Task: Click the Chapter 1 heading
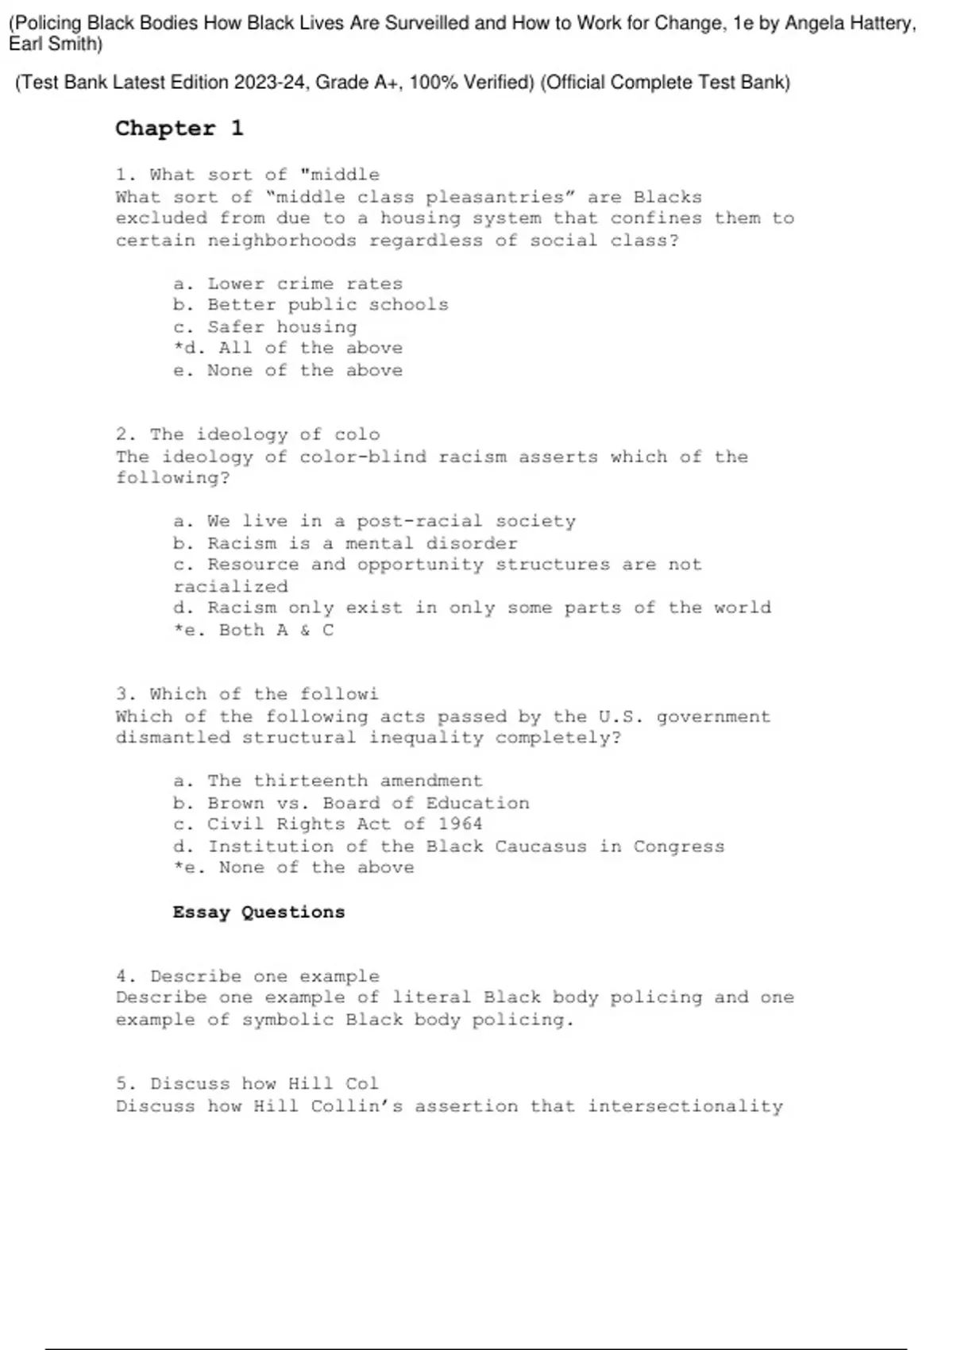pyautogui.click(x=179, y=129)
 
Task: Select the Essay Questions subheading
pyautogui.click(x=259, y=912)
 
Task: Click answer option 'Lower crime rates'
pyautogui.click(x=305, y=283)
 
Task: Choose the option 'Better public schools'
pyautogui.click(x=328, y=305)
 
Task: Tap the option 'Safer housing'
pyautogui.click(x=282, y=326)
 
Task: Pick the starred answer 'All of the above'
pyautogui.click(x=310, y=348)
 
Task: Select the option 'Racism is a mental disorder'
pyautogui.click(x=362, y=543)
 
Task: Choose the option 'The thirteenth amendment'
pyautogui.click(x=345, y=781)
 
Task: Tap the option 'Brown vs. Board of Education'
pyautogui.click(x=368, y=803)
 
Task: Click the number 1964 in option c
pyautogui.click(x=460, y=824)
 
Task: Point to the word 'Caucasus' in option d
pyautogui.click(x=541, y=847)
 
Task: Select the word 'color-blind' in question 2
pyautogui.click(x=363, y=457)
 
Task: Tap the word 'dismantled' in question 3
pyautogui.click(x=173, y=738)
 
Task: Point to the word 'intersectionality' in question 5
pyautogui.click(x=685, y=1106)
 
